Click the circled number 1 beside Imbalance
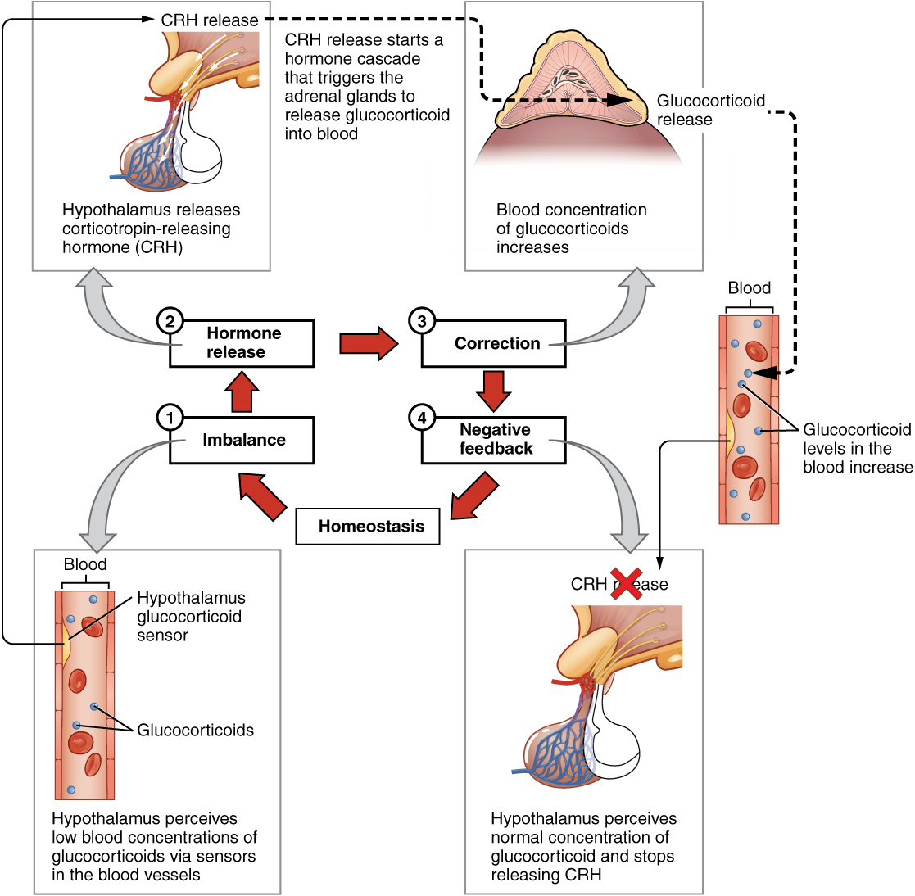[170, 419]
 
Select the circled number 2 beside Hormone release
[170, 321]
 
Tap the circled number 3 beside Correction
[422, 321]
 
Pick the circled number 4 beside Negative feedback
[422, 419]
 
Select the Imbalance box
[243, 441]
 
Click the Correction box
[496, 344]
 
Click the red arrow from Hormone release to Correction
[368, 343]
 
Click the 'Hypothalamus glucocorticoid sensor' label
[190, 617]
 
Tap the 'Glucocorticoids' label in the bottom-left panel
[195, 731]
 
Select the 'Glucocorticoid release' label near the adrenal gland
[710, 110]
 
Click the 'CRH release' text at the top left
[210, 20]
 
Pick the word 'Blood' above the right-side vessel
[749, 288]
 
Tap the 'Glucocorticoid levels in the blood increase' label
[857, 448]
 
